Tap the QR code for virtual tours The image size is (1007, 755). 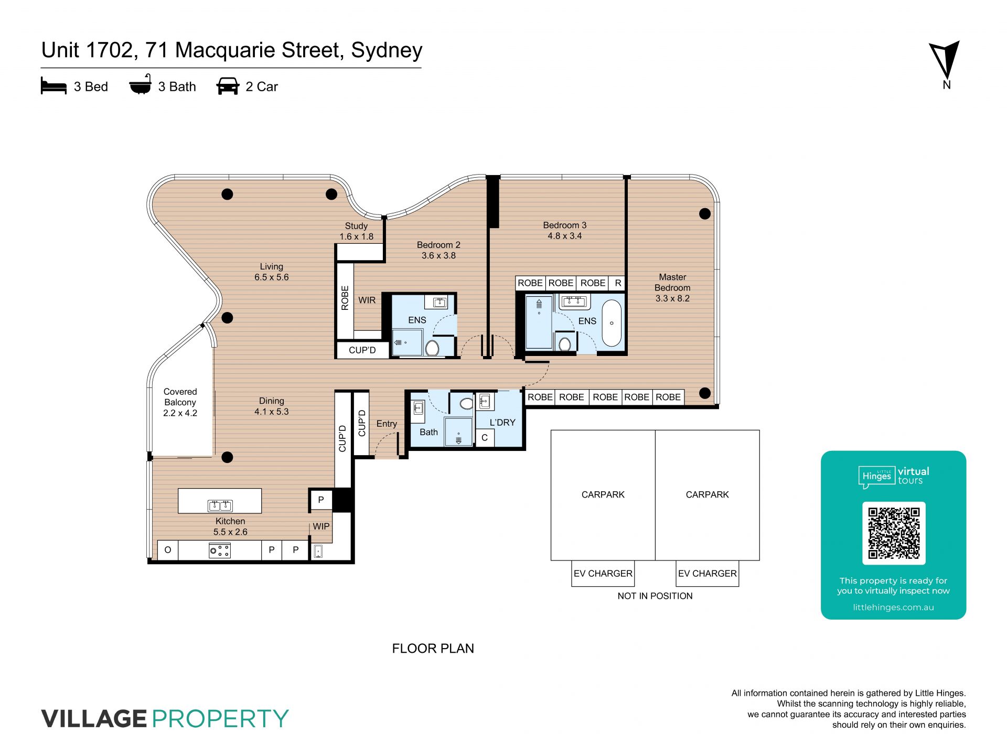tap(894, 533)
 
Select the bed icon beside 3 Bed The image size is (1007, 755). tap(53, 86)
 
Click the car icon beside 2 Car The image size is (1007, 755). tap(228, 86)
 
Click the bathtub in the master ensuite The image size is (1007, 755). tap(612, 323)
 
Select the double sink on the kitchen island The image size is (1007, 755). tap(220, 505)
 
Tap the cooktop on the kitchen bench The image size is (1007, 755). tap(220, 551)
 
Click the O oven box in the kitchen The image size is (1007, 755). tap(168, 550)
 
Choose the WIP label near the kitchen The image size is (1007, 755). tap(321, 526)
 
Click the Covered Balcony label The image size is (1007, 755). tap(180, 402)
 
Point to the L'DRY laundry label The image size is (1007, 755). tap(502, 423)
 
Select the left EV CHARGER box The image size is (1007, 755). tap(603, 574)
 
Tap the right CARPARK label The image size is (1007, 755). tap(707, 494)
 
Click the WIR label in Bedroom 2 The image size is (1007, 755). tap(367, 300)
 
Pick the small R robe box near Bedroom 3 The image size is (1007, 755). tap(618, 283)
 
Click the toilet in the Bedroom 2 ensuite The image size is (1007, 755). tap(432, 348)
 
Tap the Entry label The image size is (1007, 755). tap(387, 424)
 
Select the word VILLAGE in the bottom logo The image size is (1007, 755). tap(94, 718)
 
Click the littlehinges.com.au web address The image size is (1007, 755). tap(893, 607)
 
